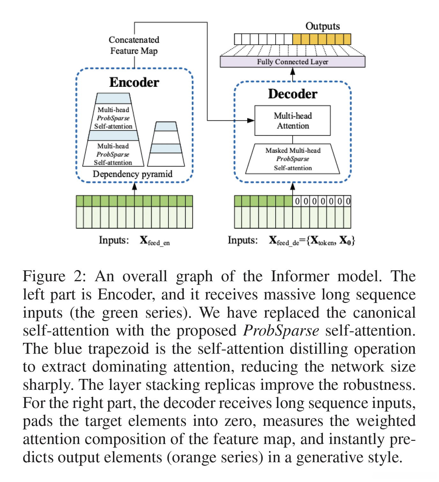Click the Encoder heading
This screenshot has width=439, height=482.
point(134,82)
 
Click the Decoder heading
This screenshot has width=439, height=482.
point(293,94)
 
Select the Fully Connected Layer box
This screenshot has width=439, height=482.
point(292,62)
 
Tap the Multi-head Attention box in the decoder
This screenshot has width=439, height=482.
point(292,121)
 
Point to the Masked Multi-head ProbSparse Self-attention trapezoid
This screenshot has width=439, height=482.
point(293,159)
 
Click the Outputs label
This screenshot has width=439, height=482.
point(322,26)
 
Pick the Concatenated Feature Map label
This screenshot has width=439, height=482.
point(134,45)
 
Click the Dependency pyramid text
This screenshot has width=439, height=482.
point(132,174)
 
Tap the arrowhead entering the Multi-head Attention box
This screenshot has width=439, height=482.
point(251,120)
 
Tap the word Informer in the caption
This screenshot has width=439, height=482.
point(300,276)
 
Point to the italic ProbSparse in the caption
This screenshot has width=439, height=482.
point(281,331)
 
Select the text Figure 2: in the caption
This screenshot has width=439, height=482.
point(54,276)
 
